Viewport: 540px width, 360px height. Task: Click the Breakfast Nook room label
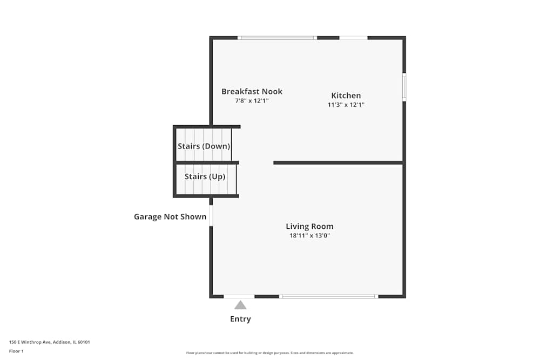point(252,92)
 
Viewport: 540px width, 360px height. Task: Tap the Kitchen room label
point(346,96)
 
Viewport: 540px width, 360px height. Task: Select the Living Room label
point(309,227)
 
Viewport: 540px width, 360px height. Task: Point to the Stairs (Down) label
point(204,146)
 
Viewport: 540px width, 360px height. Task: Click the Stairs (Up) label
point(205,176)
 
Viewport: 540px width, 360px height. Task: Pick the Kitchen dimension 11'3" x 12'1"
point(346,105)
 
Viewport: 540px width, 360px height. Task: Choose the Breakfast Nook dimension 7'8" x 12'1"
point(252,101)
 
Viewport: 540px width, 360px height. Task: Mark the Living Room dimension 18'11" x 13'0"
point(309,236)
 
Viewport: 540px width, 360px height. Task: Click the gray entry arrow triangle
point(240,305)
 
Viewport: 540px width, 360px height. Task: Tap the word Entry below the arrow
point(240,319)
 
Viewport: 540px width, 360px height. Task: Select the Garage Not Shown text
point(170,217)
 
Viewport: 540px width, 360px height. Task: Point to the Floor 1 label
point(17,351)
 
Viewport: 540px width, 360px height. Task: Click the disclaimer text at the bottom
point(270,353)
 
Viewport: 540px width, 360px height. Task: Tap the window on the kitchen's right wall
point(404,87)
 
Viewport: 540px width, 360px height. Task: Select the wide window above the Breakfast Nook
point(277,38)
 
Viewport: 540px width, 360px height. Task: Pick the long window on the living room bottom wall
point(328,296)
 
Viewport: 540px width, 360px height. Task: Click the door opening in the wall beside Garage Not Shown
point(211,215)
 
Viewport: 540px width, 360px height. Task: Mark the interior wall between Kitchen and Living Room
point(338,162)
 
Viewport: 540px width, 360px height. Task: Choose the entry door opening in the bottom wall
point(239,296)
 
